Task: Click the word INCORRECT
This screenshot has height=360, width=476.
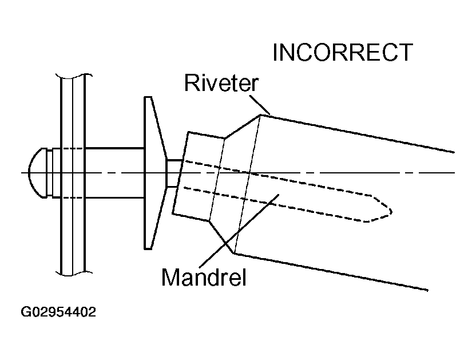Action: tap(342, 53)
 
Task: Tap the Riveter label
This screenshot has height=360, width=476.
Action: tap(221, 84)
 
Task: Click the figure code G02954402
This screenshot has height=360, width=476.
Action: tap(58, 312)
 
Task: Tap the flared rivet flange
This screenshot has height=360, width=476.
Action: tap(152, 172)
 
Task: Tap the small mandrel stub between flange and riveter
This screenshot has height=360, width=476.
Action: tap(173, 172)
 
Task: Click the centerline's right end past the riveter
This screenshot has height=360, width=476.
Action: tap(452, 172)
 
